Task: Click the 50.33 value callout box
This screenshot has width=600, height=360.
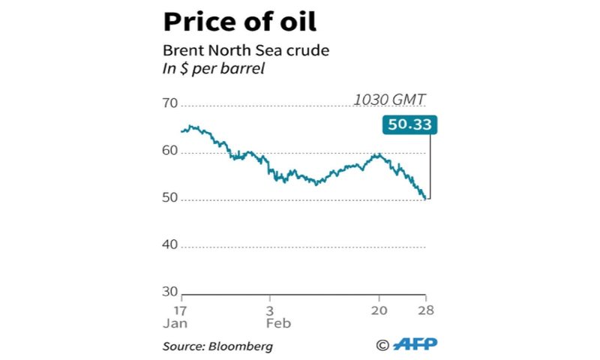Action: (x=409, y=124)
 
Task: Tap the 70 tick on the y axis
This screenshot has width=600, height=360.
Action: (x=171, y=103)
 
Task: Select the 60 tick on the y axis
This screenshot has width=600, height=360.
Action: (x=171, y=151)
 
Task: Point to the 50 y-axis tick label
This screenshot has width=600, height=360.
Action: (x=171, y=198)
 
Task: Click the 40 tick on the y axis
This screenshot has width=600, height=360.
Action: (x=171, y=244)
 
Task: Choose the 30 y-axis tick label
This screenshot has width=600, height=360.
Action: (x=171, y=291)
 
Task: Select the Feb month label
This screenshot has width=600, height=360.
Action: (x=278, y=324)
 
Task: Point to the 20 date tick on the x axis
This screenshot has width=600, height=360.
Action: (x=379, y=310)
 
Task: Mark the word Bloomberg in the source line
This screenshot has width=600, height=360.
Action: (x=240, y=346)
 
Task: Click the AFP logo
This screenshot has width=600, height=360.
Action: (x=415, y=344)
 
